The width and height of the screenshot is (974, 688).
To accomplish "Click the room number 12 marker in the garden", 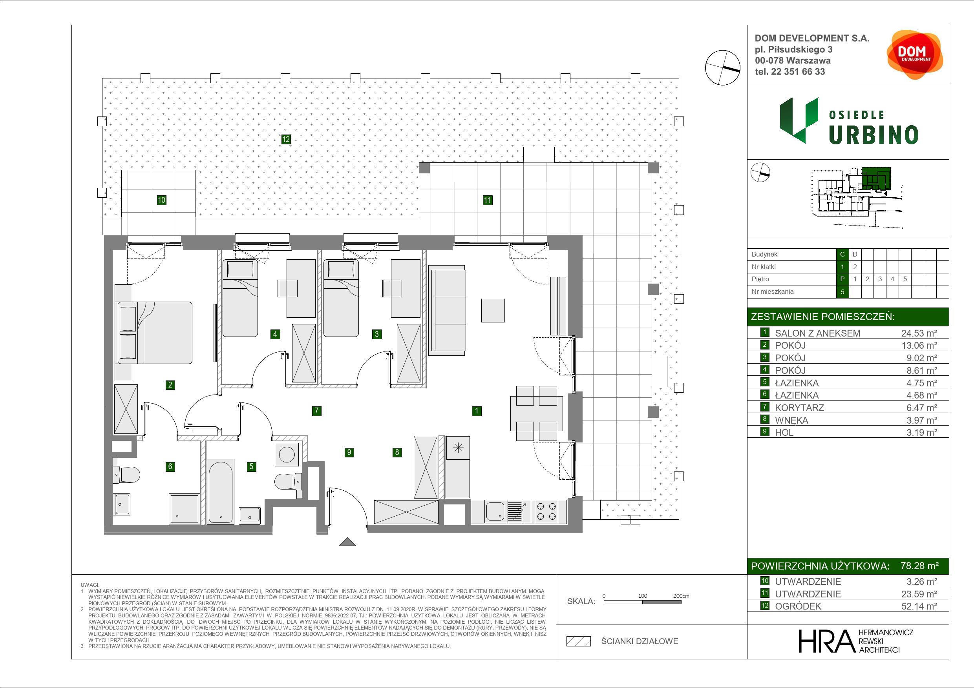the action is [286, 139].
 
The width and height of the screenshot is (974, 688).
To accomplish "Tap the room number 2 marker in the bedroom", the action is [170, 385].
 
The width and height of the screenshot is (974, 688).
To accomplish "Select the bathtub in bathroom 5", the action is [221, 492].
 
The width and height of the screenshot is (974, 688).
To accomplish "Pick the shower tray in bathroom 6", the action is [184, 508].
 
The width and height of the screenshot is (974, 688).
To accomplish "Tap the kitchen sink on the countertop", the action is [495, 511].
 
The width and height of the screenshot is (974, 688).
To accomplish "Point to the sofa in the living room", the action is [448, 310].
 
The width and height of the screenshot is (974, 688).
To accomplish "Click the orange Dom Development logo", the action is [915, 55].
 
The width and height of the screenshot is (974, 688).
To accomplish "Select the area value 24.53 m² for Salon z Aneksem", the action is [919, 333].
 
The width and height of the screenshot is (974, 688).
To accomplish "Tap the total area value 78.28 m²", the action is [919, 566].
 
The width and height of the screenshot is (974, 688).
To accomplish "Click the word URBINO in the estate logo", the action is [873, 135].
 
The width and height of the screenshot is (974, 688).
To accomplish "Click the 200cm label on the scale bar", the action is [681, 595].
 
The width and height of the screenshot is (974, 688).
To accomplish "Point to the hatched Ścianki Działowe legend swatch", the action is [579, 641].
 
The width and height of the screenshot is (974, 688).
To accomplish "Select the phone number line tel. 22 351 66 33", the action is [790, 72].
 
